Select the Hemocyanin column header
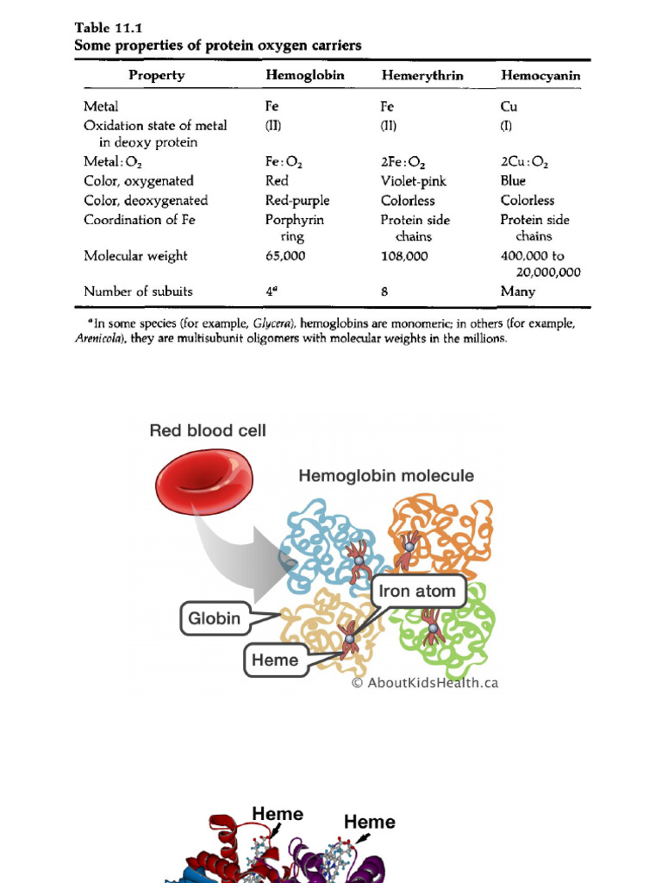(x=540, y=76)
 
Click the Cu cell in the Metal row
(x=509, y=107)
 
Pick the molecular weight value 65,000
(x=286, y=256)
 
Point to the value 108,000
(x=404, y=256)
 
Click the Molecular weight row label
(x=135, y=256)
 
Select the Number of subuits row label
(x=138, y=291)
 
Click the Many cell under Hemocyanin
(x=517, y=291)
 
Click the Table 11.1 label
(x=106, y=27)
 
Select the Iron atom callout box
(x=418, y=592)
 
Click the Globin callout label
(x=215, y=618)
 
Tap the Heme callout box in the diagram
(x=276, y=661)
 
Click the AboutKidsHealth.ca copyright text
(x=424, y=683)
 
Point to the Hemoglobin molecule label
(x=386, y=475)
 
